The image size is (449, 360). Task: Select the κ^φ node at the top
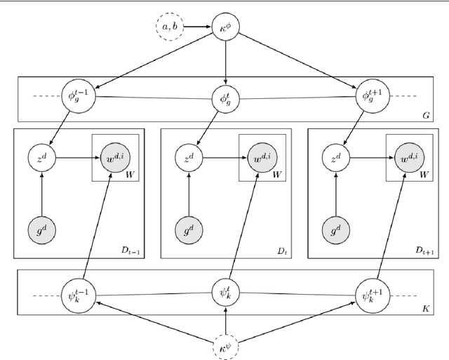(x=224, y=27)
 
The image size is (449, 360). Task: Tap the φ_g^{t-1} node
(x=78, y=96)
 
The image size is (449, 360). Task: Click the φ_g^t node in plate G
(x=224, y=96)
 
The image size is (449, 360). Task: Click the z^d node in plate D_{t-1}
(x=42, y=159)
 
